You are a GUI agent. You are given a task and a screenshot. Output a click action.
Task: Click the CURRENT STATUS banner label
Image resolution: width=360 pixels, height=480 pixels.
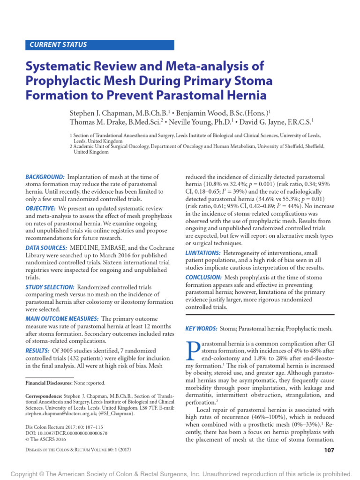[x=58, y=45]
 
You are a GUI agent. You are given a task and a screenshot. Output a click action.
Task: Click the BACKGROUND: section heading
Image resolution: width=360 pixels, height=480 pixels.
[x=45, y=177]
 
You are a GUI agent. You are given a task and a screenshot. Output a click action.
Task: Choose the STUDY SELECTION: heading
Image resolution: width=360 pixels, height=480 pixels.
[x=50, y=287]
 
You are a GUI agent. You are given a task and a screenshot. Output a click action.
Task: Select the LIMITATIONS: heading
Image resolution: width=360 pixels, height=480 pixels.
[x=203, y=253]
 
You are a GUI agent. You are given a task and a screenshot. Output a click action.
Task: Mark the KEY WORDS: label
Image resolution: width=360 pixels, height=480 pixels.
[x=201, y=329]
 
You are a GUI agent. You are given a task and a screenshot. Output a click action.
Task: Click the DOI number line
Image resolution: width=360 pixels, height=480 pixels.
[x=66, y=434]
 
